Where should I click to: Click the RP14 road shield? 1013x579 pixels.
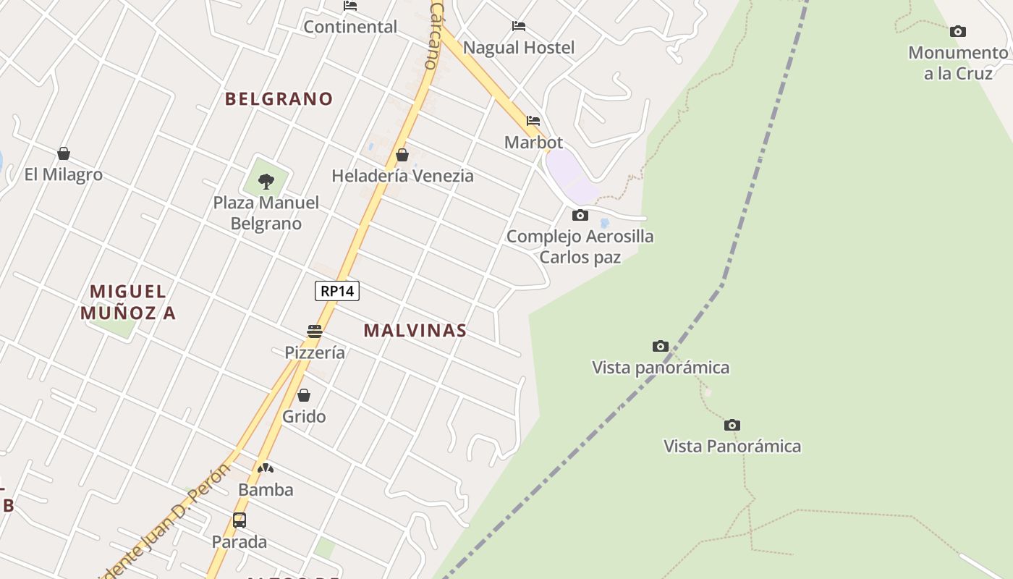click(x=337, y=291)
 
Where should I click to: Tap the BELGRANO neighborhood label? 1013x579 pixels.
click(x=279, y=99)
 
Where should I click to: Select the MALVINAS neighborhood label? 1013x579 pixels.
click(x=415, y=331)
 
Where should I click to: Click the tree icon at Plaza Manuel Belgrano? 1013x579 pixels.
click(x=266, y=181)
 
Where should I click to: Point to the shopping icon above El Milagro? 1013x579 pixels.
click(x=64, y=153)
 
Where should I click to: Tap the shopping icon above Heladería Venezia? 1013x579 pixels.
click(x=402, y=155)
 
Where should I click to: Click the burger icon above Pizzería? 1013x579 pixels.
click(x=315, y=331)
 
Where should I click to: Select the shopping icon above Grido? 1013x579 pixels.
click(x=304, y=395)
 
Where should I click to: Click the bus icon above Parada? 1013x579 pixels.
click(x=240, y=520)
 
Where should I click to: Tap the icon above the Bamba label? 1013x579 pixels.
click(x=266, y=468)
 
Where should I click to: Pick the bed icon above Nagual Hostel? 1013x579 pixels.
click(x=519, y=26)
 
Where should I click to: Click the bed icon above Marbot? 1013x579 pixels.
click(x=533, y=121)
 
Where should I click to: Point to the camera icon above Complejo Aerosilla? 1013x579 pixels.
click(x=580, y=215)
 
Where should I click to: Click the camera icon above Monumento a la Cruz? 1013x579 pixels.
click(x=958, y=31)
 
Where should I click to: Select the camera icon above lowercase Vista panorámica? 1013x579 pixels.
click(x=661, y=346)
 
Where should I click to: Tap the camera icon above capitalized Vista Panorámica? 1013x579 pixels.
click(x=732, y=425)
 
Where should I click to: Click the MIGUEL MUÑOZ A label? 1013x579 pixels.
click(x=128, y=302)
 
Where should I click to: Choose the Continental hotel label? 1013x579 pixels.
click(x=350, y=27)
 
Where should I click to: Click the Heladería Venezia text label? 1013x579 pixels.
click(x=402, y=176)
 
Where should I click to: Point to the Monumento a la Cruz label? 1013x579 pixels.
click(x=958, y=63)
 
